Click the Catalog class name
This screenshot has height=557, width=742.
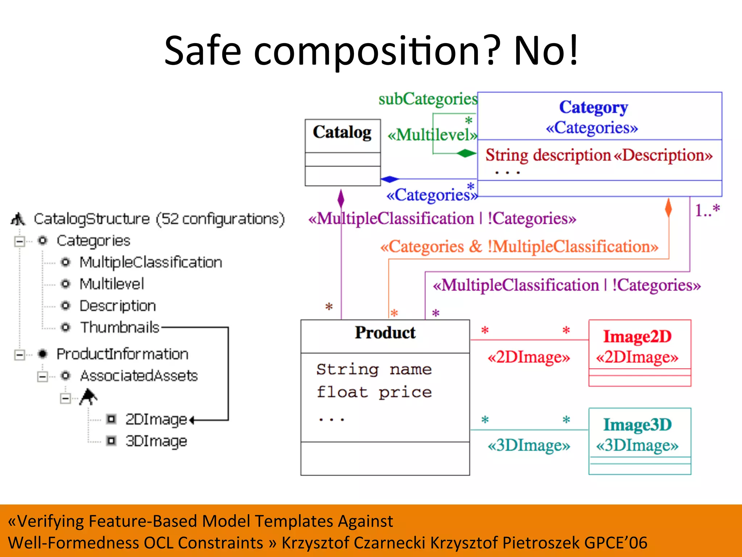coord(342,132)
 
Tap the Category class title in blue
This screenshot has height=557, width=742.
coord(593,107)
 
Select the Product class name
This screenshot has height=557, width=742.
coord(385,333)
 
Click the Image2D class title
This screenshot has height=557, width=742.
coord(637,337)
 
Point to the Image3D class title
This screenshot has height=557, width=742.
coord(637,425)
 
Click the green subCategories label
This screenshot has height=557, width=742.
coord(428,99)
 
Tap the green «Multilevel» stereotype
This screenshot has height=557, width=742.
coord(432,135)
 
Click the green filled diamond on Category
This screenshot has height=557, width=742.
coord(466,153)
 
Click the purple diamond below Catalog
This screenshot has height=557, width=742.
coord(341,198)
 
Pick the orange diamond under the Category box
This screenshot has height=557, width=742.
coord(668,208)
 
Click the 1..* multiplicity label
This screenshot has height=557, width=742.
coord(707,210)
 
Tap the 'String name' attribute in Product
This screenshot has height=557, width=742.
coord(374,369)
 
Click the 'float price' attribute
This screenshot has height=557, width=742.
coord(374,392)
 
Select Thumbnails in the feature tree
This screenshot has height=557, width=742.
coord(120,327)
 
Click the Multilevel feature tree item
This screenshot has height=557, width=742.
coord(112,284)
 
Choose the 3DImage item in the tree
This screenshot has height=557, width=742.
coord(156,441)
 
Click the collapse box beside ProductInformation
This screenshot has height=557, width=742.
coord(20,354)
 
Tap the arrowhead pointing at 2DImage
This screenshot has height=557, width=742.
coord(192,420)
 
